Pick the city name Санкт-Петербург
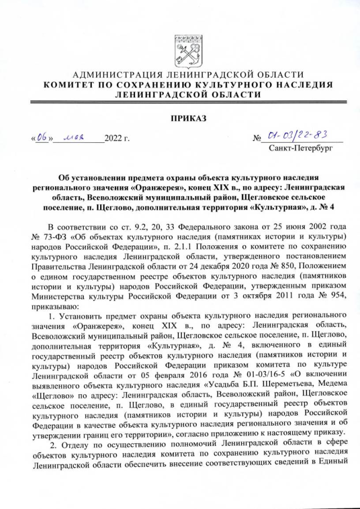[301, 149]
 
